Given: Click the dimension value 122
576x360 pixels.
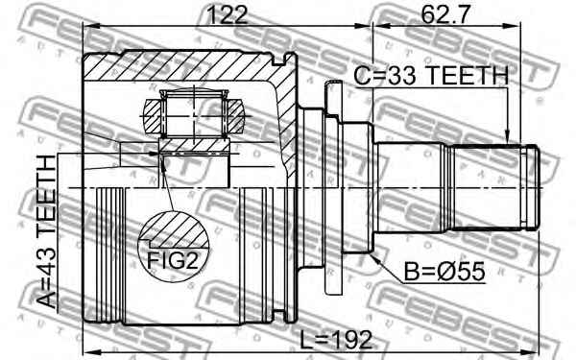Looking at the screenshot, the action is pyautogui.click(x=228, y=14).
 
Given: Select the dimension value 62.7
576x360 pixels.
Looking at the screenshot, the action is pyautogui.click(x=445, y=14).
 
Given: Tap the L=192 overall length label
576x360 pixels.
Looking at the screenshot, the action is pyautogui.click(x=336, y=340).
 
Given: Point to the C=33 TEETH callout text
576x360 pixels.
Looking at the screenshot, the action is pyautogui.click(x=431, y=76).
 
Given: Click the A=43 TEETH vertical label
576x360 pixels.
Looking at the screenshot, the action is pyautogui.click(x=47, y=231).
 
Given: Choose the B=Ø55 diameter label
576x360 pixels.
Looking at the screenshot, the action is pyautogui.click(x=444, y=272).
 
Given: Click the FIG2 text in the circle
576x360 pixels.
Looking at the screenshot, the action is pyautogui.click(x=173, y=261).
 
